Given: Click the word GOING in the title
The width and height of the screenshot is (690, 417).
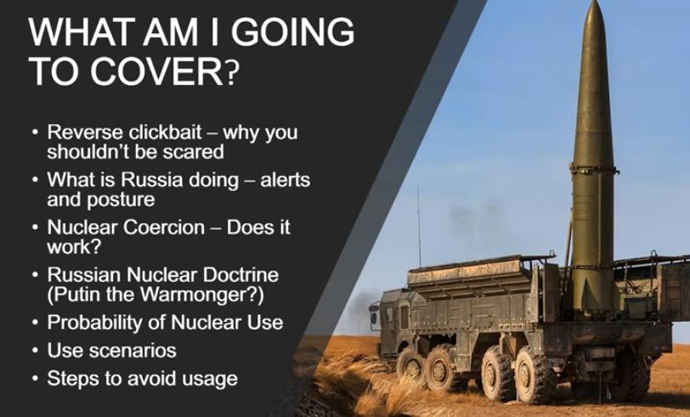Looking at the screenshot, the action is pyautogui.click(x=292, y=31).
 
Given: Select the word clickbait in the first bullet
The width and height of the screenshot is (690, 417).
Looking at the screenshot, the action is pyautogui.click(x=166, y=132).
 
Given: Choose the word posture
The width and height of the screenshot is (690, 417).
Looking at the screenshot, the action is pyautogui.click(x=121, y=200).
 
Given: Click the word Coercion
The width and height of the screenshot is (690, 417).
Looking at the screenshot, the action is pyautogui.click(x=164, y=228).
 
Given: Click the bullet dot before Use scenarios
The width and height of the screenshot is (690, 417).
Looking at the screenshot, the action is pyautogui.click(x=36, y=351).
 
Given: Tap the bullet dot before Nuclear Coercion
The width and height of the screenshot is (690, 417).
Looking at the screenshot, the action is pyautogui.click(x=36, y=228).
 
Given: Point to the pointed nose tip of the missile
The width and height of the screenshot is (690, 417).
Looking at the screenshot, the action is pyautogui.click(x=595, y=2).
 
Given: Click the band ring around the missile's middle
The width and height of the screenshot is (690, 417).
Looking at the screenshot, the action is pyautogui.click(x=594, y=169).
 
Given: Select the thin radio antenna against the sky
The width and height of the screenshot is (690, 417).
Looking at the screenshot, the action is pyautogui.click(x=419, y=227).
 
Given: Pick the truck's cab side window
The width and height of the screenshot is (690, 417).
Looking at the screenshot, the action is pyautogui.click(x=404, y=318).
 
